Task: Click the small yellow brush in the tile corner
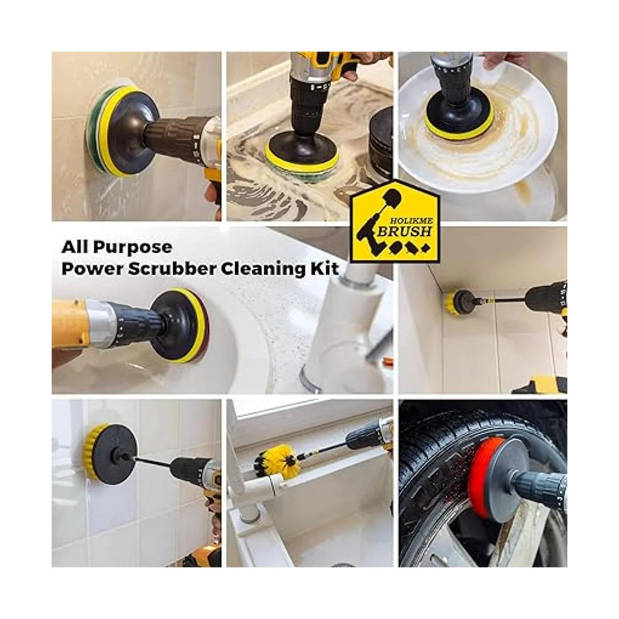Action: (x=447, y=303)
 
